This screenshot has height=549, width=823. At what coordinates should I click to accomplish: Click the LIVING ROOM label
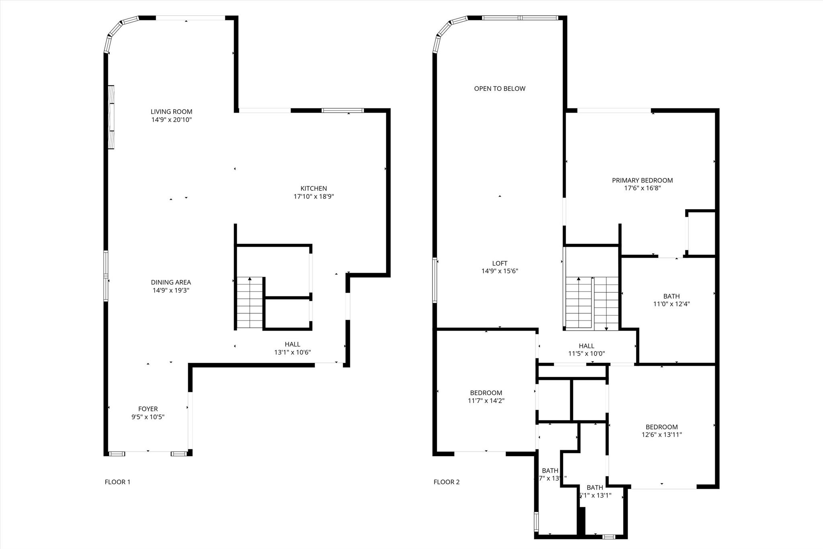[171, 111]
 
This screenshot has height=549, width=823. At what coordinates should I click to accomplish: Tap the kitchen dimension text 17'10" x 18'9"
[313, 197]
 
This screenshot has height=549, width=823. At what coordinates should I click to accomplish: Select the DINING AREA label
[171, 282]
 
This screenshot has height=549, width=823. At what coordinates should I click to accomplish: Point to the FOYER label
[148, 409]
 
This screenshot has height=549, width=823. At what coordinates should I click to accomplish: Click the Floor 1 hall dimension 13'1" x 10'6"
[292, 352]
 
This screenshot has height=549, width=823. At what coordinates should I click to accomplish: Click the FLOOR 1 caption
[117, 482]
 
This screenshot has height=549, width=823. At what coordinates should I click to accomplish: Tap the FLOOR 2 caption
[446, 482]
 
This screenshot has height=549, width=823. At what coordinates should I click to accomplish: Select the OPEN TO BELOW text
[500, 88]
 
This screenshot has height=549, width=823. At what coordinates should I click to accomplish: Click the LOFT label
[500, 263]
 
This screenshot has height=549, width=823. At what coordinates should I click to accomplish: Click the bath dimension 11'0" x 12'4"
[672, 304]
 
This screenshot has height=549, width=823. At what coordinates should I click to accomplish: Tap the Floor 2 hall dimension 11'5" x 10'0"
[586, 354]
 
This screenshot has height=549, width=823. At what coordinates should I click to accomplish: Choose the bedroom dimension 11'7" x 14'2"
[486, 401]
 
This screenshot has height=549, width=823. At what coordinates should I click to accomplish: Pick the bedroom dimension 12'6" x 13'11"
[661, 435]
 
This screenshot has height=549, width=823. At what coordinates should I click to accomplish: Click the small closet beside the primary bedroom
[701, 233]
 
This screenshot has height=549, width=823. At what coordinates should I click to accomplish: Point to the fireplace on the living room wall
[111, 117]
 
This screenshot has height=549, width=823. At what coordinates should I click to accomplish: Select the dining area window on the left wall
[106, 276]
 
